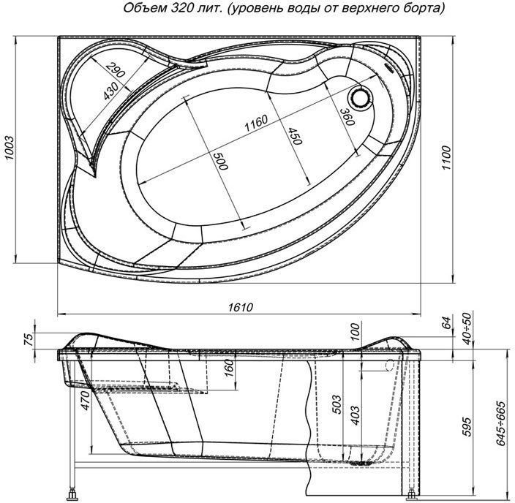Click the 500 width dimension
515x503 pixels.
click(218, 162)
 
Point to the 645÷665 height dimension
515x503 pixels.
click(501, 425)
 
